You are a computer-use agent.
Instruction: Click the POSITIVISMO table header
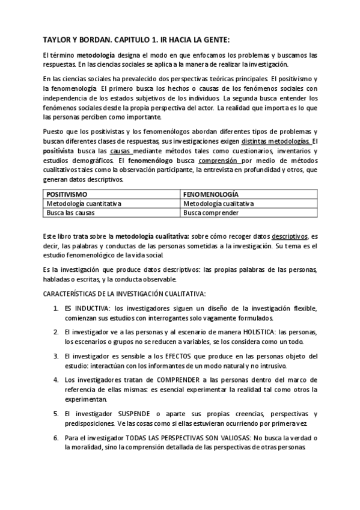[67, 194]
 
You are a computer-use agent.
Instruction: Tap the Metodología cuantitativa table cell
[85, 203]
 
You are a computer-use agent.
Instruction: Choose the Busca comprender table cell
[211, 212]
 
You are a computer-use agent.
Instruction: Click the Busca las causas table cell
[71, 212]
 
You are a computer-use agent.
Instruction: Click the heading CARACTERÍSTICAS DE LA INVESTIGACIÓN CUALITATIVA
[125, 293]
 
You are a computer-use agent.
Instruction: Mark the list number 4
[56, 380]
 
